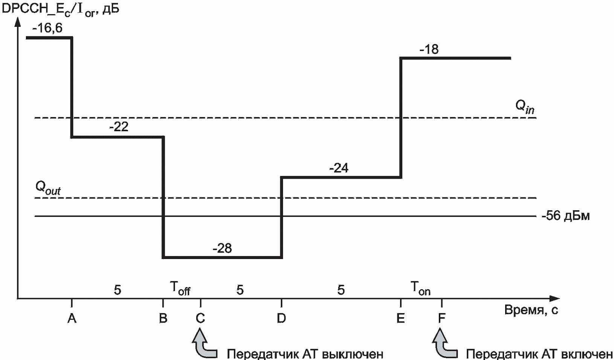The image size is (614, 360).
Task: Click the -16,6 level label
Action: (x=47, y=28)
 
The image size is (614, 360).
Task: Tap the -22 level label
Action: (x=119, y=127)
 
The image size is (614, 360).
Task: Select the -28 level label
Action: (x=222, y=248)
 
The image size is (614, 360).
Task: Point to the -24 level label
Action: (x=339, y=168)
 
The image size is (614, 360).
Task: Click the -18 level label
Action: (x=429, y=49)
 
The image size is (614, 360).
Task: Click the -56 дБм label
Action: (x=565, y=216)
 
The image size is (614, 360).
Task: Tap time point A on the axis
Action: (x=72, y=319)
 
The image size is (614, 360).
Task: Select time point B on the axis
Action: (x=163, y=319)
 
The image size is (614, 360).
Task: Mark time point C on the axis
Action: (x=200, y=319)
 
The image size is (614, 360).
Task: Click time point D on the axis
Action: (x=281, y=319)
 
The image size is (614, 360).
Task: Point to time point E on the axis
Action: (x=400, y=319)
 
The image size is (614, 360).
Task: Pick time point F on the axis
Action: (x=441, y=319)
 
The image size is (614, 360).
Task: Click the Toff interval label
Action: (x=180, y=289)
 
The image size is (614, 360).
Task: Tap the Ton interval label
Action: (x=420, y=289)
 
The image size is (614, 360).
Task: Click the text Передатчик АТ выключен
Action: (x=305, y=354)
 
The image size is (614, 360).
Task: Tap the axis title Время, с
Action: (x=531, y=310)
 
